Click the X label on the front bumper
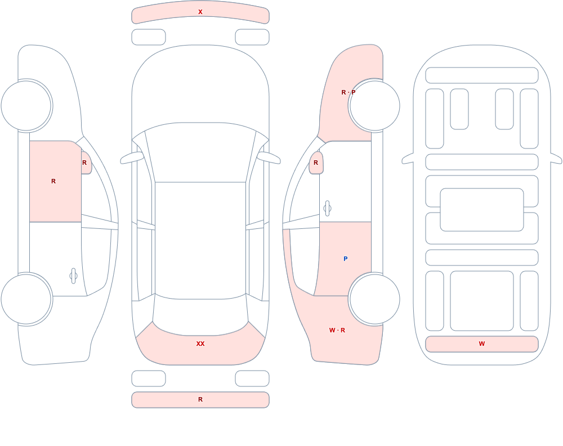pyautogui.click(x=200, y=12)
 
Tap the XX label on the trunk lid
pyautogui.click(x=200, y=344)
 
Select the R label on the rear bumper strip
pyautogui.click(x=200, y=399)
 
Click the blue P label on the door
pyautogui.click(x=346, y=259)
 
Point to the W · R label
pyautogui.click(x=337, y=330)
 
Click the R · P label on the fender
pyautogui.click(x=348, y=92)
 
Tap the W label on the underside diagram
pyautogui.click(x=482, y=344)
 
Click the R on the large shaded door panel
pyautogui.click(x=53, y=181)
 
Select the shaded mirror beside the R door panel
pyautogui.click(x=86, y=163)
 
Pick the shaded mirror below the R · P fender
pyautogui.click(x=316, y=163)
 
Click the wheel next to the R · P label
pyautogui.click(x=374, y=106)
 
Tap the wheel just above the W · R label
pyautogui.click(x=374, y=299)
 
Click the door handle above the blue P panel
pyautogui.click(x=327, y=209)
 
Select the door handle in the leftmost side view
pyautogui.click(x=73, y=276)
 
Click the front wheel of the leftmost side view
pyautogui.click(x=26, y=106)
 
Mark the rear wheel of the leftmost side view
pyautogui.click(x=26, y=299)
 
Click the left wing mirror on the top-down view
pyautogui.click(x=132, y=158)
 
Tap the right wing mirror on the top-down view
pyautogui.click(x=269, y=158)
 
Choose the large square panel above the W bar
pyautogui.click(x=482, y=301)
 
